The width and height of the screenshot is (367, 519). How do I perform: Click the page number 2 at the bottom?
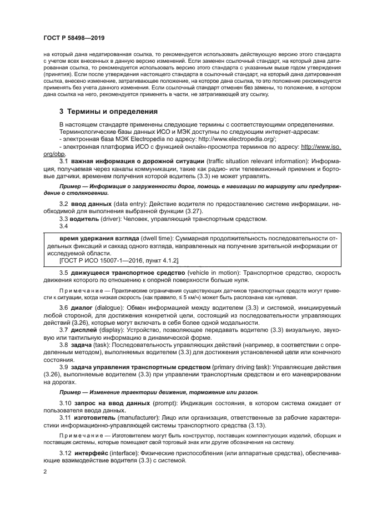[x=44, y=471]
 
